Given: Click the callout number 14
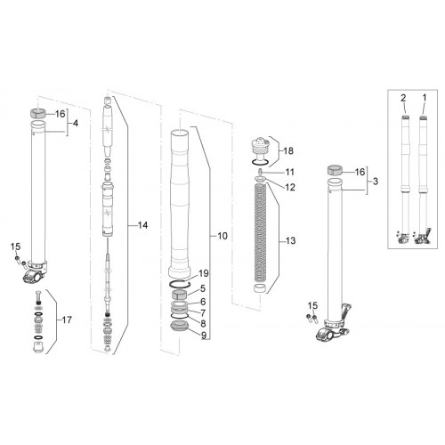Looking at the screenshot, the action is [142, 225].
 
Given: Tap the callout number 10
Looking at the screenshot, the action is [222, 236].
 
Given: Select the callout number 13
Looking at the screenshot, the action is [291, 240].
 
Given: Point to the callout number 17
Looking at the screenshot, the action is [67, 320].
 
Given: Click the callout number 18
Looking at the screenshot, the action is [288, 151].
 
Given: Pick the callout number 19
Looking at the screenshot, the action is [204, 273].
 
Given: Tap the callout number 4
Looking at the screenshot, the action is [76, 123].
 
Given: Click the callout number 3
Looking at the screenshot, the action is [376, 181].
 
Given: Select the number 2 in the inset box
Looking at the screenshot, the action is [403, 98].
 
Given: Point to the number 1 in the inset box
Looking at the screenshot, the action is [425, 98].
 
